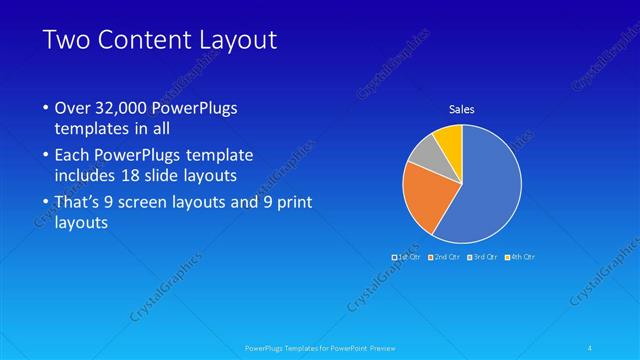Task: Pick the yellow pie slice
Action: click(449, 139)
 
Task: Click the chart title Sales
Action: click(461, 109)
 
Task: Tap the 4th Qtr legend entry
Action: click(519, 257)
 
